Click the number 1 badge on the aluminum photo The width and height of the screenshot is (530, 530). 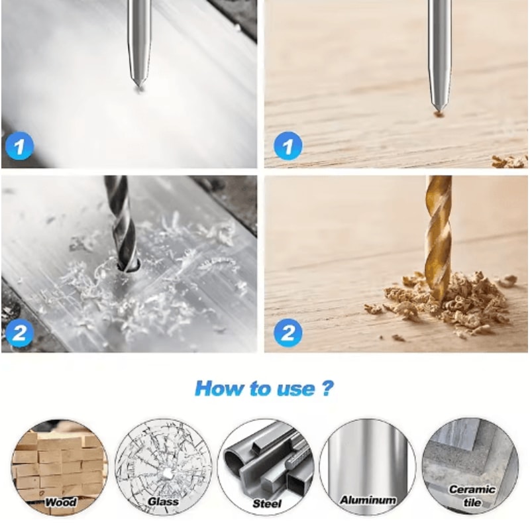(20, 146)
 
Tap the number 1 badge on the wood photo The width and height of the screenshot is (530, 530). (288, 146)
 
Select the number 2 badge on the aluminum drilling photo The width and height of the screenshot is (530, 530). (20, 333)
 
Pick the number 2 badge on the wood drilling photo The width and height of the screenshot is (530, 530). (288, 333)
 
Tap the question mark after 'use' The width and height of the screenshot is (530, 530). (327, 388)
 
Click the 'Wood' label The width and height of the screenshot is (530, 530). (61, 502)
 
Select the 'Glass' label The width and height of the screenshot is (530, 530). (163, 502)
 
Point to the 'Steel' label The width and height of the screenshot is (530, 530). (267, 503)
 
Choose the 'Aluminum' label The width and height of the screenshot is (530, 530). (368, 500)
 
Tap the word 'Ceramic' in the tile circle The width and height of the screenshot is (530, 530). (472, 490)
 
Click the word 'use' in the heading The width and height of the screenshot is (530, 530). (295, 390)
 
